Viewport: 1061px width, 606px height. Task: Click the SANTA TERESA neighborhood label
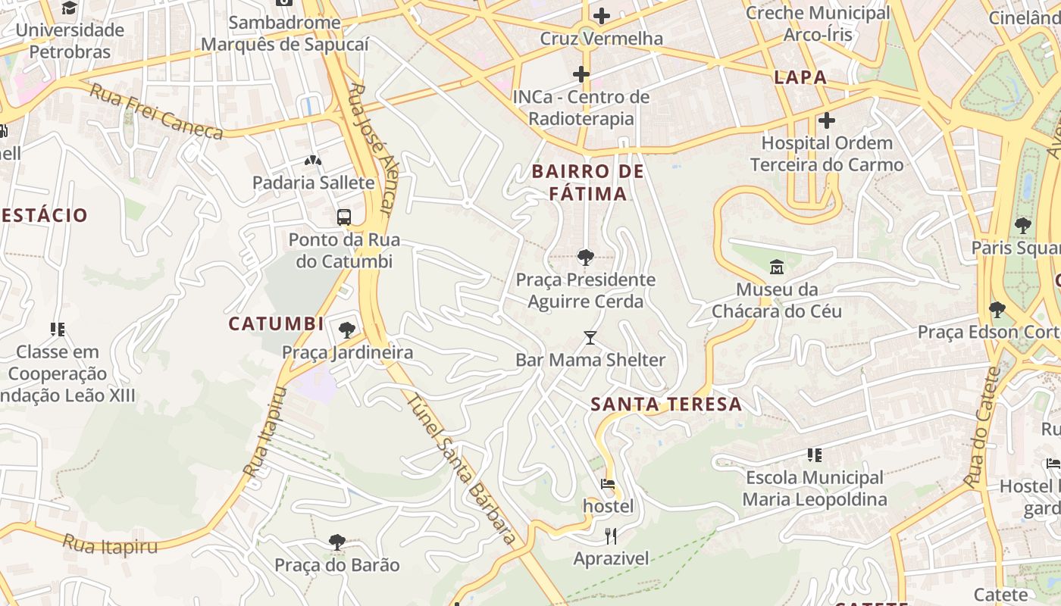666,404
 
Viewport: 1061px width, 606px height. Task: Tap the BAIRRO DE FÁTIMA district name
588,183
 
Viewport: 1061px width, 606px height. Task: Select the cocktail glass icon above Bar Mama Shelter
590,338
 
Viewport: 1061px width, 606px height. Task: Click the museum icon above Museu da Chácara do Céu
777,267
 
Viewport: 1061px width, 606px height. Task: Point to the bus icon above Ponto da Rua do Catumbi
344,217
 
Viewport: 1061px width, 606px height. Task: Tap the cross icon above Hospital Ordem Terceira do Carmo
827,120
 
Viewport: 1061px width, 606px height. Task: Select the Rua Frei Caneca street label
157,112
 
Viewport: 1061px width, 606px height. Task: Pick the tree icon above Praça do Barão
337,542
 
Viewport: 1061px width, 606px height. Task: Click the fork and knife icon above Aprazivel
611,536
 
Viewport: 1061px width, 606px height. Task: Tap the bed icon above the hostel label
608,483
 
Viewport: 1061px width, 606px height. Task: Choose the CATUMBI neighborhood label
276,323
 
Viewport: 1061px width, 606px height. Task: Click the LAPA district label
800,77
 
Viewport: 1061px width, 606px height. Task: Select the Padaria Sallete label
313,183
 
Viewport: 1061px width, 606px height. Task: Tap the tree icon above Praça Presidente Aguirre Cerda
585,258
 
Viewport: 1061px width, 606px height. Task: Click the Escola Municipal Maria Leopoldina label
815,489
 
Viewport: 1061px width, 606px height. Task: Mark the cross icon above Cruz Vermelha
602,16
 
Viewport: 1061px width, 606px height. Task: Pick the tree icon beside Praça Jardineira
347,330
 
